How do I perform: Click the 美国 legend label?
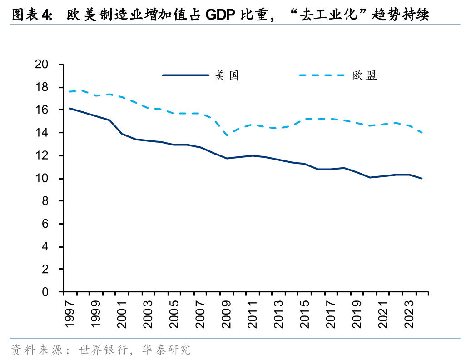coord(227,75)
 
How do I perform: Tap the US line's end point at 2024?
coord(422,178)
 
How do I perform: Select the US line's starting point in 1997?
coord(69,108)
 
